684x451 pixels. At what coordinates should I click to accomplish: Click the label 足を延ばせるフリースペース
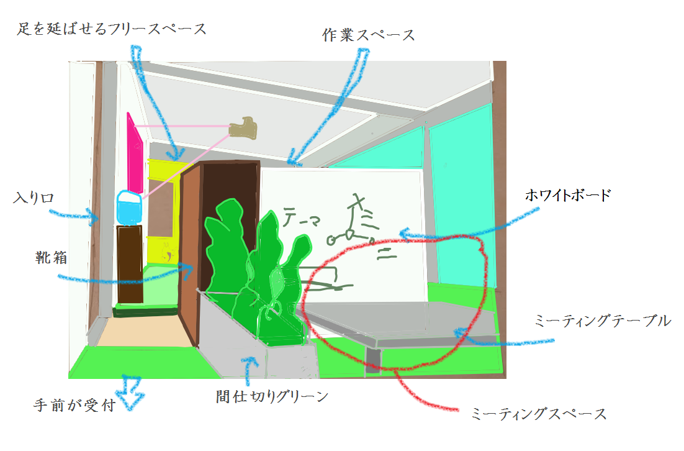click(111, 29)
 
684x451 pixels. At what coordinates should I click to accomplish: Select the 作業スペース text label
click(369, 35)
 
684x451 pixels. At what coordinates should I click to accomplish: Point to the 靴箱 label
click(51, 257)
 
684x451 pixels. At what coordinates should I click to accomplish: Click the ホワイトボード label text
click(568, 196)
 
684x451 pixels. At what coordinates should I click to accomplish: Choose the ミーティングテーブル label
click(602, 321)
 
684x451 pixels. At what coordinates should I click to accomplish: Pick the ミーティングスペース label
click(538, 413)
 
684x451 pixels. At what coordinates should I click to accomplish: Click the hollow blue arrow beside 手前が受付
click(131, 391)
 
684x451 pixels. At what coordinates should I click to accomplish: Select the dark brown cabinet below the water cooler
click(130, 264)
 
